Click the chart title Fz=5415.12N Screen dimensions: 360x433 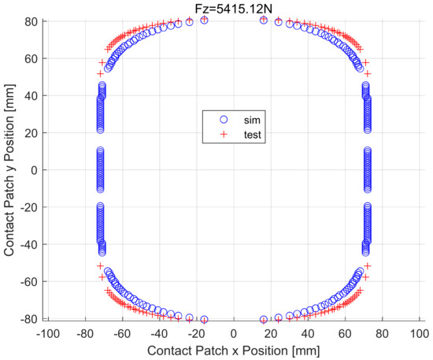(233, 7)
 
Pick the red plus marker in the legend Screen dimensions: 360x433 (223, 135)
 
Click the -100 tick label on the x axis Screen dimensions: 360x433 (46, 334)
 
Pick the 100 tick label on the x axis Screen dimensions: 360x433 (419, 334)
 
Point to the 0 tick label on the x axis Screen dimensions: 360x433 (234, 334)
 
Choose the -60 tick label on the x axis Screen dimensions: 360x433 (122, 334)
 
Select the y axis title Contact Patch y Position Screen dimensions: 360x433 (10, 170)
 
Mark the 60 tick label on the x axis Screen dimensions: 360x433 (346, 334)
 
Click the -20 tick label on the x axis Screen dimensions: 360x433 (196, 334)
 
